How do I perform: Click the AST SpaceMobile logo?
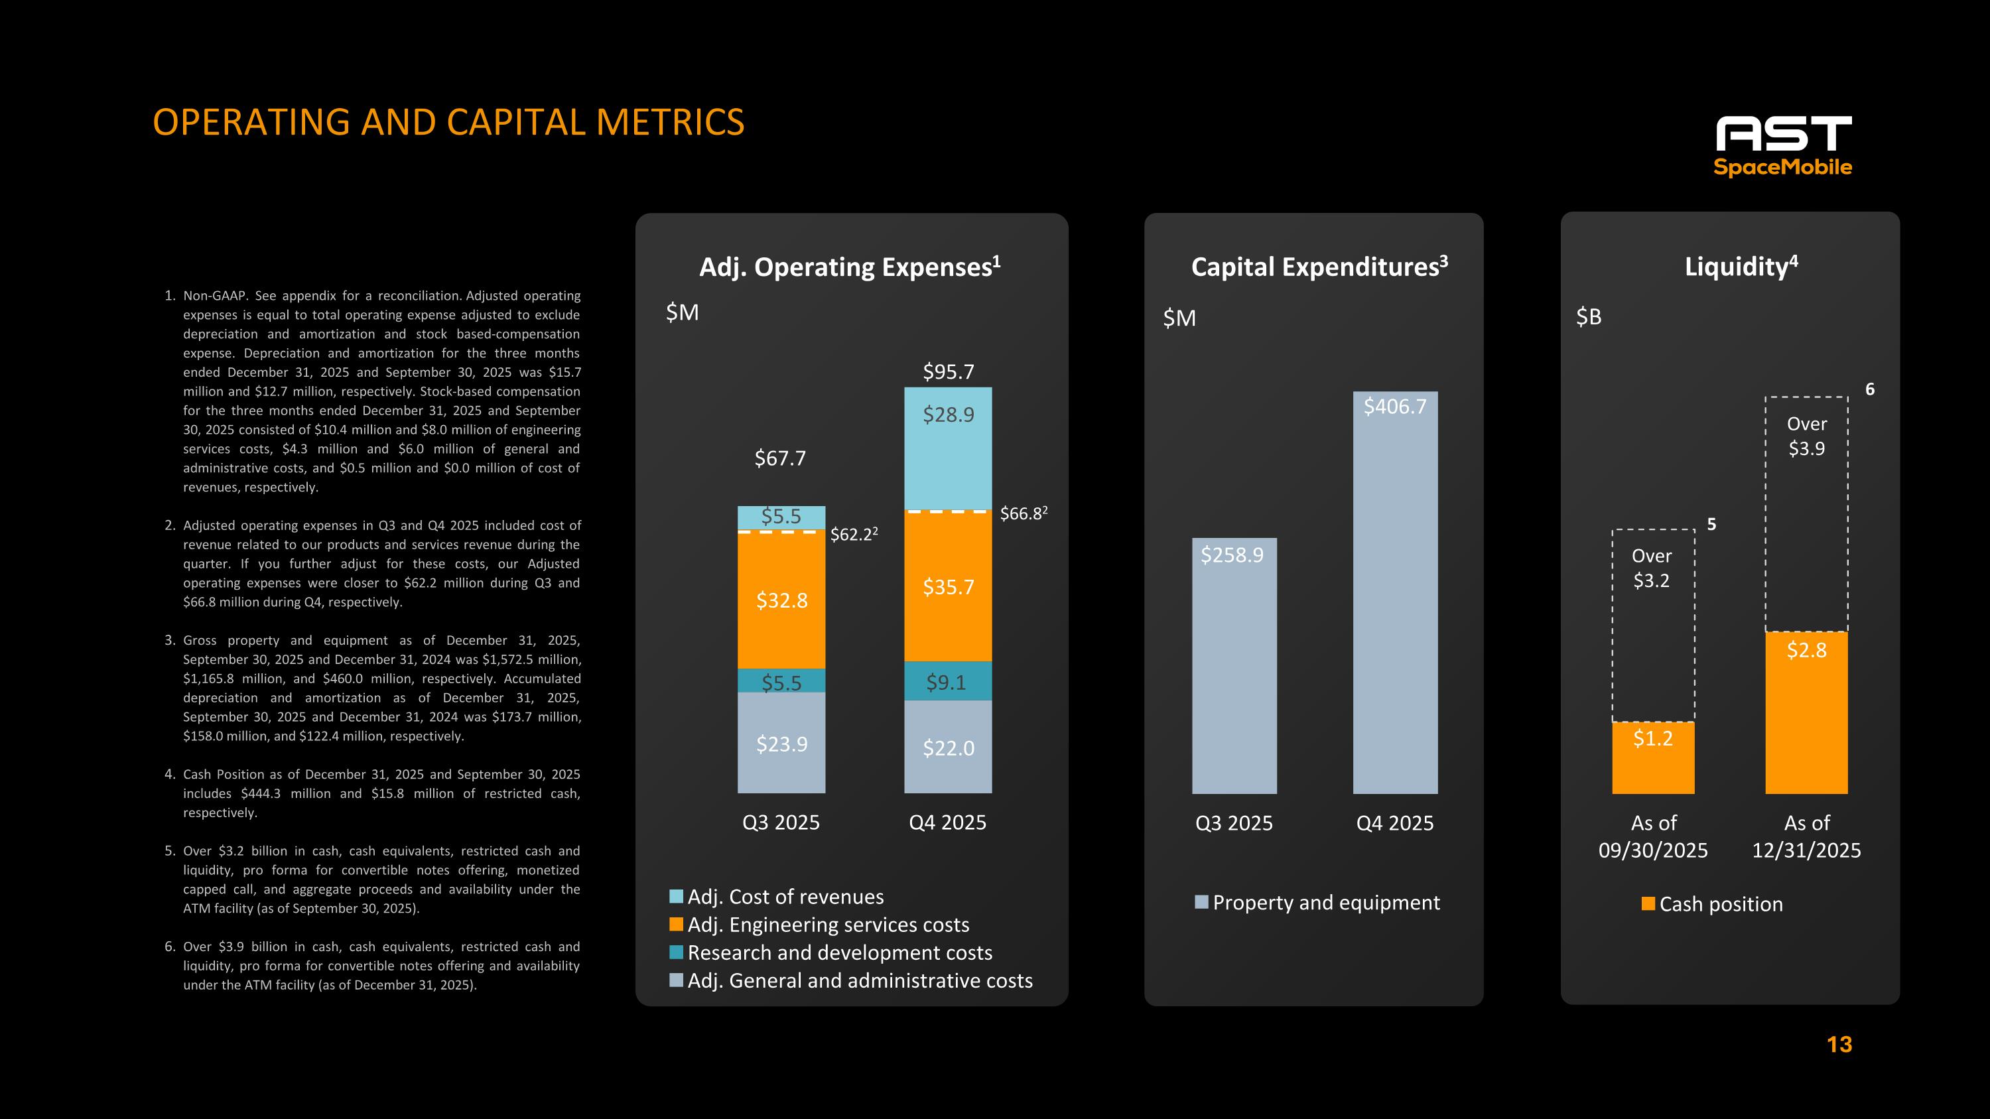(1783, 146)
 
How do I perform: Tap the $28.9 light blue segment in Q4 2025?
(948, 448)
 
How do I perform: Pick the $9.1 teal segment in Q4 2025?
(948, 681)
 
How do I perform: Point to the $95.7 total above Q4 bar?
(948, 372)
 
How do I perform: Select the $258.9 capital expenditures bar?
(1234, 666)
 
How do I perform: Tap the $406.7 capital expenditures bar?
(1394, 592)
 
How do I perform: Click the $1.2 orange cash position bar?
(1652, 757)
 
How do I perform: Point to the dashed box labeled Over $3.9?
(1806, 513)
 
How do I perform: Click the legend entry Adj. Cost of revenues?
(784, 897)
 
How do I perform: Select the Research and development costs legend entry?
(839, 953)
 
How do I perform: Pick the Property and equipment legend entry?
(1325, 903)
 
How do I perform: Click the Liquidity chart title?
(1741, 267)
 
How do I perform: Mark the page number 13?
(1839, 1045)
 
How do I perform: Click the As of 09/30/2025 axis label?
(1652, 836)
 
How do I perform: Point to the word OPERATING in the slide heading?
(252, 122)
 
